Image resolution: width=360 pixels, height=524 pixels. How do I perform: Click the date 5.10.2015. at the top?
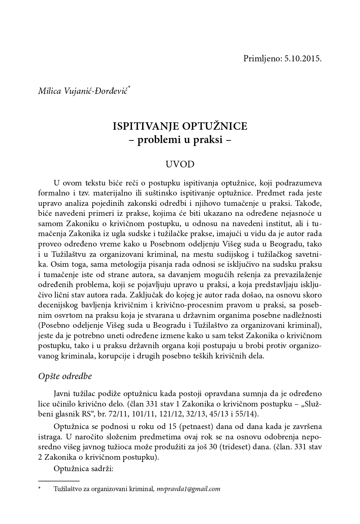point(303,58)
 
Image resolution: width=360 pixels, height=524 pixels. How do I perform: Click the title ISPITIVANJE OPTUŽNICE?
point(180,126)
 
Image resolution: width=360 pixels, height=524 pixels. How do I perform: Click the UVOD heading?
point(180,164)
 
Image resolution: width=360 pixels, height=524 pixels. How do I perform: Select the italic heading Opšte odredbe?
point(65,376)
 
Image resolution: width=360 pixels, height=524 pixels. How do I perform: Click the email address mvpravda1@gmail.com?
point(188,489)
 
